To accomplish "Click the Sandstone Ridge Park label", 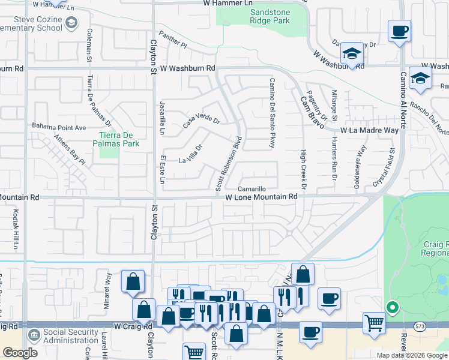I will point(270,16).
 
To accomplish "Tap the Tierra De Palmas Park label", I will point(116,139).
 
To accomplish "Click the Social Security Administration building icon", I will point(34,333).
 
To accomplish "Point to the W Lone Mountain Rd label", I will point(261,197).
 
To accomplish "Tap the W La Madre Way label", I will point(369,130).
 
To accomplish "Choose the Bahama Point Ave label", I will point(59,127).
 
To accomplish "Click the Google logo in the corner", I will point(20,352).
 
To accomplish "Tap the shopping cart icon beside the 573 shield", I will point(375,322).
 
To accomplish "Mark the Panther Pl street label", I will point(173,40).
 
